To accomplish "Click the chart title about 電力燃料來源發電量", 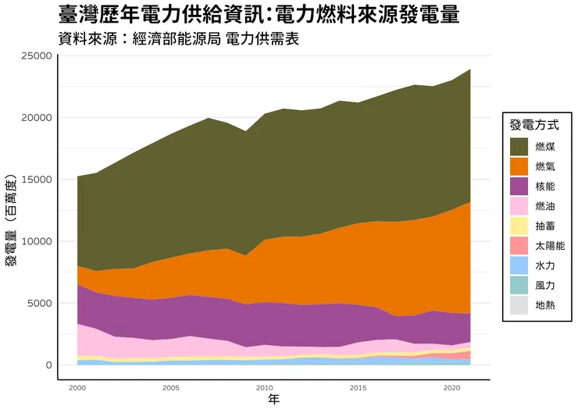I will pos(259,15).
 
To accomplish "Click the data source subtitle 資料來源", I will pos(179,39).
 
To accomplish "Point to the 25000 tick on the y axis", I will pos(36,56).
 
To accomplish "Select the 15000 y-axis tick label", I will pos(36,180).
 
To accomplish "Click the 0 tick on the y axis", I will pos(48,365).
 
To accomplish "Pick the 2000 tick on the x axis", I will pos(77,387).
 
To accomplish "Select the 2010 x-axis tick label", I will pos(264,387).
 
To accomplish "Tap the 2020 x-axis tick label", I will pos(451,387).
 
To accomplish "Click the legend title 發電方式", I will pos(533,125).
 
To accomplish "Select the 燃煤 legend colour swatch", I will pos(519,147).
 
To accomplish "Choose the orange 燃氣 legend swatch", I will pos(519,166).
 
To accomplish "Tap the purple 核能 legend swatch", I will pos(519,187).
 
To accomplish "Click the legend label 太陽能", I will pos(550,246).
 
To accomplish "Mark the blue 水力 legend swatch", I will pos(519,266).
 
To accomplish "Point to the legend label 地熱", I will pos(545,306).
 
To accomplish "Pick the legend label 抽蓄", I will pos(545,226).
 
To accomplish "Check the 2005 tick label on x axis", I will pos(171,387).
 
